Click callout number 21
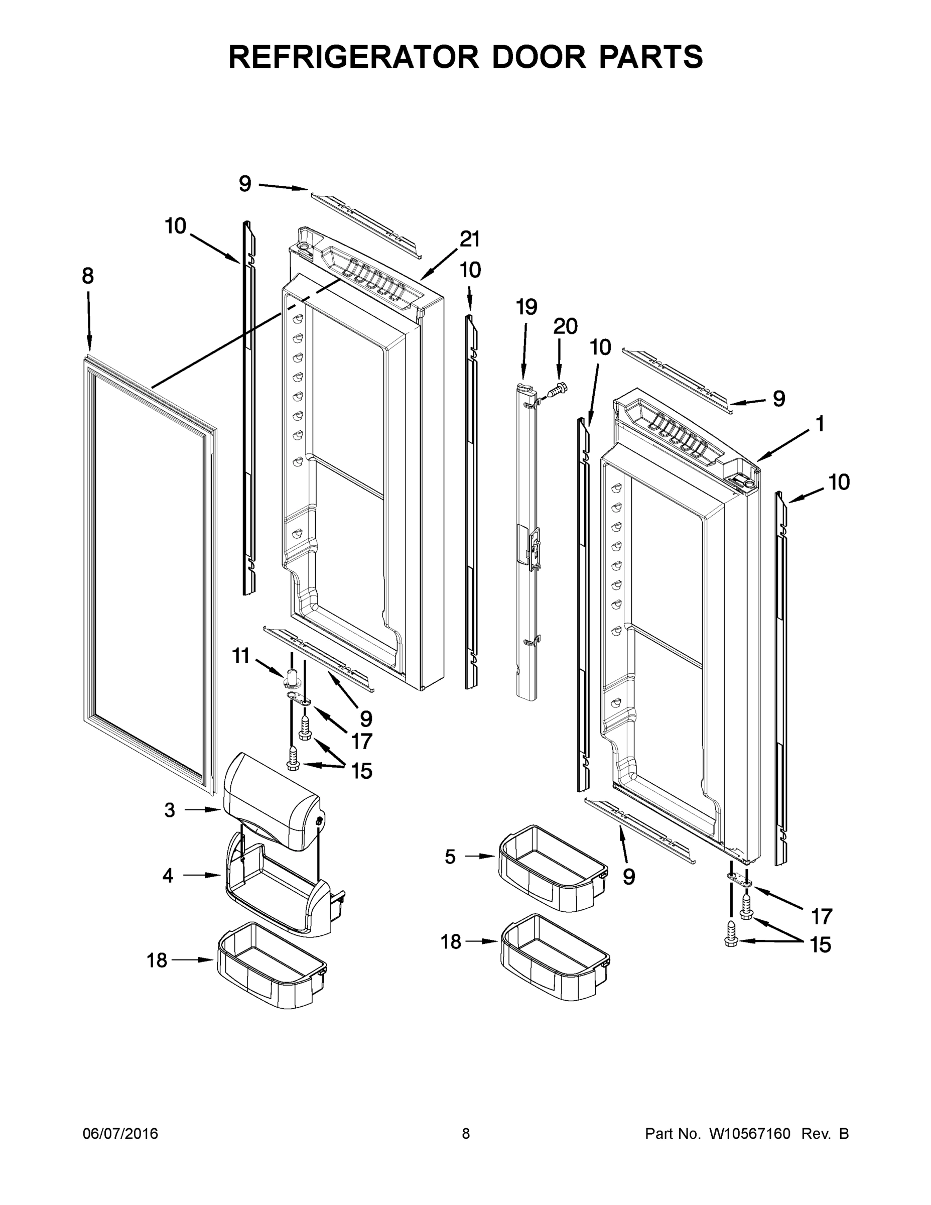point(470,239)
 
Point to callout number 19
point(526,307)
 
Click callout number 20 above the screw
point(565,327)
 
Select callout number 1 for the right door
point(820,424)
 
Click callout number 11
point(241,656)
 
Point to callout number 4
point(168,875)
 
